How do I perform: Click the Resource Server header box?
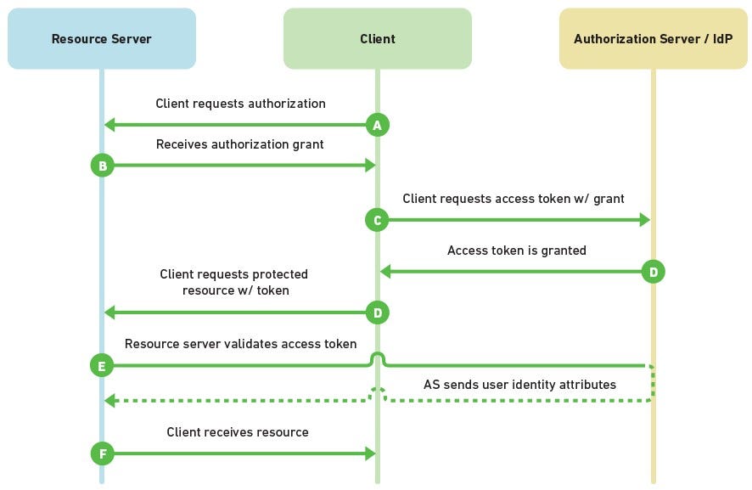[x=102, y=39]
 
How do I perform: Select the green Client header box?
[x=377, y=39]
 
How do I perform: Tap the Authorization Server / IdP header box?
[x=653, y=39]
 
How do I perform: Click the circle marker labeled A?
[x=377, y=125]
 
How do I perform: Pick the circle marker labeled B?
[x=102, y=166]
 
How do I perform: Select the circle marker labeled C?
[x=377, y=220]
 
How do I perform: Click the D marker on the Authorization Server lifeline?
[x=653, y=272]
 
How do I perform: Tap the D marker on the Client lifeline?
[x=377, y=313]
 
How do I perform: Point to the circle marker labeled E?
[x=102, y=366]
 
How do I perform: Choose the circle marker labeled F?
[x=102, y=454]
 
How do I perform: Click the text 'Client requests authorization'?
[x=240, y=104]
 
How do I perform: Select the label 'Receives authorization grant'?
[x=239, y=144]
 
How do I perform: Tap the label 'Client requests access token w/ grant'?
[x=513, y=199]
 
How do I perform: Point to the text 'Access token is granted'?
[x=516, y=251]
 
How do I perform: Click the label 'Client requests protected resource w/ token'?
[x=233, y=282]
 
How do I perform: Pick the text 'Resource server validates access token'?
[x=240, y=344]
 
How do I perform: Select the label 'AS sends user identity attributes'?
[x=519, y=385]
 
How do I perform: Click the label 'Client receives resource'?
[x=237, y=432]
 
